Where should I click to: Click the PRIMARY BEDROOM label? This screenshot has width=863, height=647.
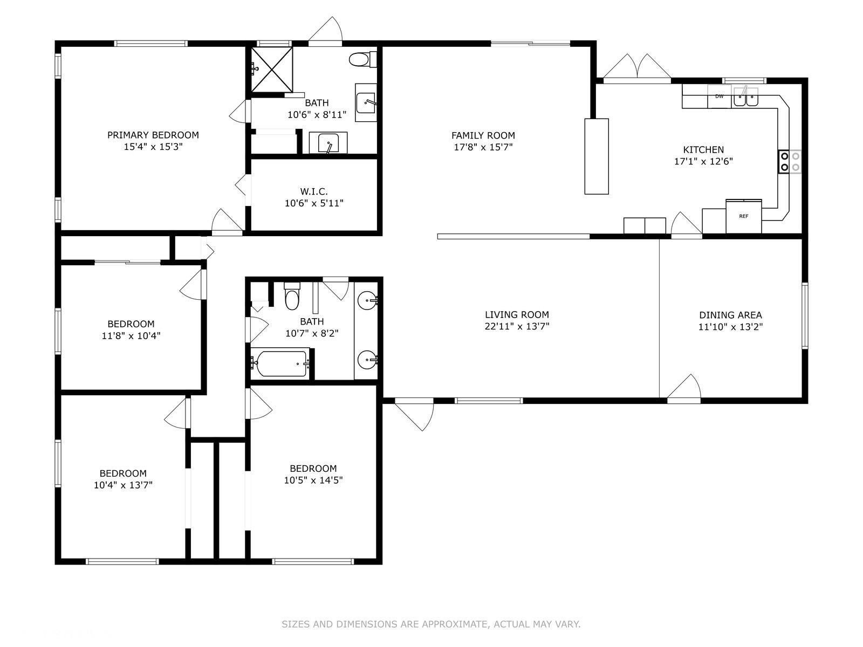pyautogui.click(x=153, y=135)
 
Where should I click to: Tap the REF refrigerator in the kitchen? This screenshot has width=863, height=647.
pyautogui.click(x=743, y=216)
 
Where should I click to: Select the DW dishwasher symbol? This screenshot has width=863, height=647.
pyautogui.click(x=719, y=97)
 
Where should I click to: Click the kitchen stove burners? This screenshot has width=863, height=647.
pyautogui.click(x=790, y=162)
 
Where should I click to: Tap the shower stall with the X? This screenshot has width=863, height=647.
pyautogui.click(x=272, y=70)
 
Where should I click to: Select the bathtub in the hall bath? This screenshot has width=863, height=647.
pyautogui.click(x=280, y=363)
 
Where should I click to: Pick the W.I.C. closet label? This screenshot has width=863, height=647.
pyautogui.click(x=314, y=192)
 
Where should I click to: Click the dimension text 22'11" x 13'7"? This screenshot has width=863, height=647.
pyautogui.click(x=517, y=326)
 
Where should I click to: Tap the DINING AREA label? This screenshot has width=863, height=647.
pyautogui.click(x=730, y=315)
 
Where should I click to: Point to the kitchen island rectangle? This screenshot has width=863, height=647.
pyautogui.click(x=597, y=156)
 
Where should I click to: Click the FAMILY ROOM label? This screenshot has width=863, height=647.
pyautogui.click(x=483, y=135)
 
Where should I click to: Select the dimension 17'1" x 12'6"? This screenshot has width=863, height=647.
pyautogui.click(x=703, y=161)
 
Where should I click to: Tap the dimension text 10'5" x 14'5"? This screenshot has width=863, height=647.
pyautogui.click(x=313, y=480)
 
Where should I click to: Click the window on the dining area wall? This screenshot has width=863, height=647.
pyautogui.click(x=804, y=315)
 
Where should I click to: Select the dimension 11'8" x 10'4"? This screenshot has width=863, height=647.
pyautogui.click(x=131, y=336)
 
